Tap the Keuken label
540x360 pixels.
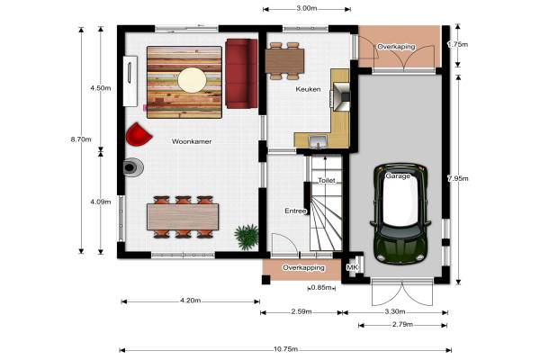(x=308, y=89)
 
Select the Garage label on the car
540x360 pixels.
(x=398, y=176)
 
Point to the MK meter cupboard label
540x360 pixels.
(x=352, y=267)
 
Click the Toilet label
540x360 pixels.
(x=327, y=181)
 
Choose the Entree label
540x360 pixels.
(x=295, y=211)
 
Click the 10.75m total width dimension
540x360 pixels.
(x=285, y=349)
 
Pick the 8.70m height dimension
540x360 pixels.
(x=81, y=139)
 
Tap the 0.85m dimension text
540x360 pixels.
(x=321, y=288)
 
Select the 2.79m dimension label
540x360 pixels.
(x=402, y=325)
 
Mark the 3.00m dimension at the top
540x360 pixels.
(x=307, y=8)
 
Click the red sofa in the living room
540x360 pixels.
(x=241, y=74)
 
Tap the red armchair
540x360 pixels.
(x=139, y=134)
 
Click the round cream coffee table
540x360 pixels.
(x=193, y=80)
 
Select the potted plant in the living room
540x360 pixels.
(x=247, y=237)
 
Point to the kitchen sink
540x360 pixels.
(x=318, y=141)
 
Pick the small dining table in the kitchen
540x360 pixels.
(x=284, y=61)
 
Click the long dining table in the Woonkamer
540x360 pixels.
(x=183, y=217)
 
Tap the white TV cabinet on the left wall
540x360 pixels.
(x=130, y=81)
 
